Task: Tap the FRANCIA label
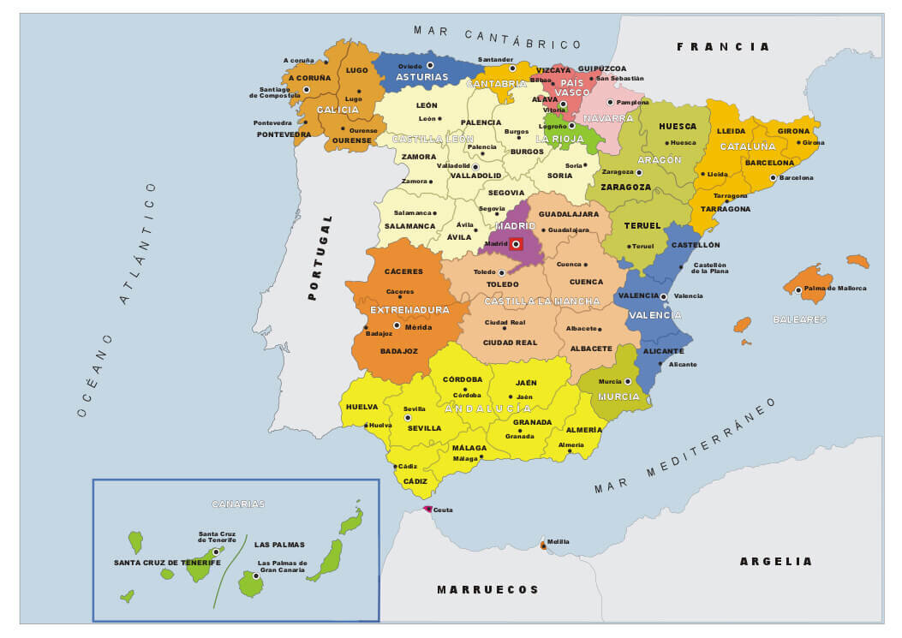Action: pos(723,47)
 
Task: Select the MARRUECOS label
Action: pos(488,589)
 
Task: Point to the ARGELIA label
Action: pos(775,561)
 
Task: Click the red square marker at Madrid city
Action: pos(516,244)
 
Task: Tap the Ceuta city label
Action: pos(443,510)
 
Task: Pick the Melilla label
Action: pos(559,542)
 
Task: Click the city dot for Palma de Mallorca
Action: pos(797,289)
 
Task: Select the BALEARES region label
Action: pos(799,319)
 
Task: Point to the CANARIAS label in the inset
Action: pos(238,504)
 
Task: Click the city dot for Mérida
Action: pos(397,325)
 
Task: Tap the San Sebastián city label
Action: pos(619,79)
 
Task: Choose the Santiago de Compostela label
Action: pos(274,92)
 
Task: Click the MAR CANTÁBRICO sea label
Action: pos(497,37)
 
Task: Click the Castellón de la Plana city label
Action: pos(709,268)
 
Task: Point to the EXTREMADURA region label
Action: pos(409,310)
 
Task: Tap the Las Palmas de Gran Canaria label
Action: pos(282,566)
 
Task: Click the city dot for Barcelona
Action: pos(773,178)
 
